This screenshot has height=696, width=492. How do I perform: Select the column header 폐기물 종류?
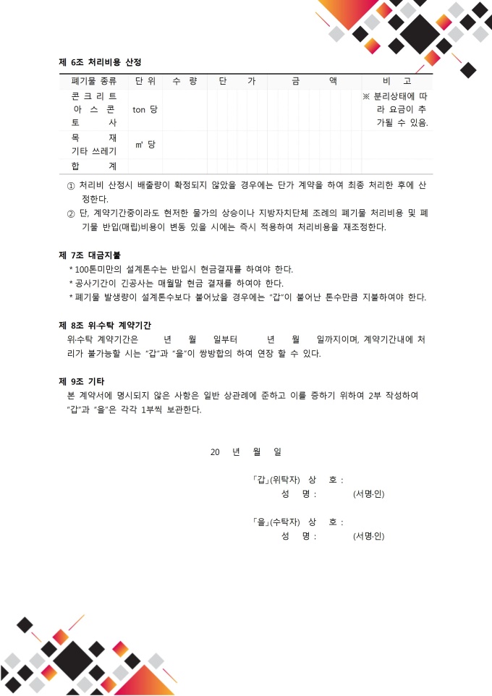93,81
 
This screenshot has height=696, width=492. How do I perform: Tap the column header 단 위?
145,81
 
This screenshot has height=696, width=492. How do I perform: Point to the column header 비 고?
396,81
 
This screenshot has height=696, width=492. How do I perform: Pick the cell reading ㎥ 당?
145,145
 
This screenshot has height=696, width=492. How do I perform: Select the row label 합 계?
94,166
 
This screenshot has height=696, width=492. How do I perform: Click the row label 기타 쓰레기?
94,151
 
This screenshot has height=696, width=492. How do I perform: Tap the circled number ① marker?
71,185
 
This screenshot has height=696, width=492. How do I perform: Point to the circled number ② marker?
71,213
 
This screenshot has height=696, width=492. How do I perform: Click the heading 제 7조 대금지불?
89,255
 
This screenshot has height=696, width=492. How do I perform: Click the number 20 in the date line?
215,451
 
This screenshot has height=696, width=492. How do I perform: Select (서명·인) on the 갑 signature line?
368,494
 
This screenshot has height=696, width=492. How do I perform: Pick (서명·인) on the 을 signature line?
368,536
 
